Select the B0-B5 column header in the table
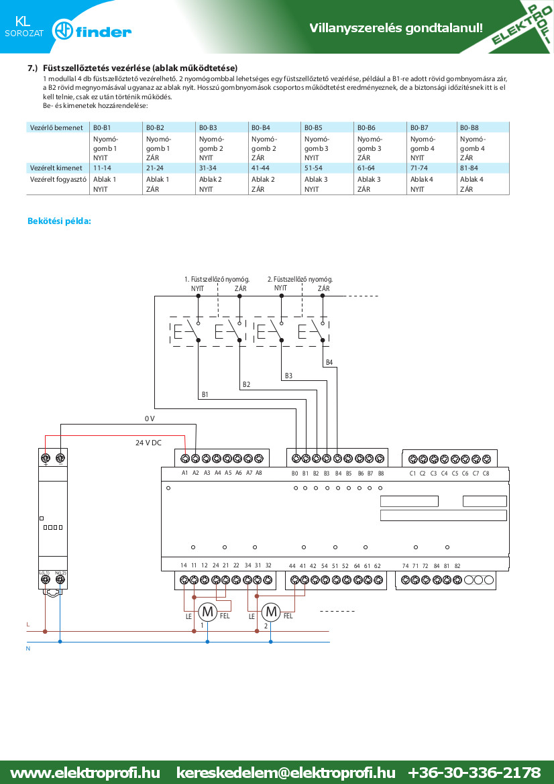click(x=313, y=127)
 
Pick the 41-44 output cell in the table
click(x=260, y=168)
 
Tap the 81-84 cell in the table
click(x=469, y=168)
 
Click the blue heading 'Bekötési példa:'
click(x=60, y=221)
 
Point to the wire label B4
click(x=329, y=362)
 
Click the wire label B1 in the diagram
click(x=205, y=394)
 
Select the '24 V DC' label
click(x=148, y=443)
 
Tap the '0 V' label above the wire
click(x=150, y=418)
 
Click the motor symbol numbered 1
click(x=207, y=611)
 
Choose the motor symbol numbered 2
click(x=271, y=611)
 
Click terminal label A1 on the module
click(x=185, y=473)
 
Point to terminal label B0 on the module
click(x=295, y=473)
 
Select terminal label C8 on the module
click(x=486, y=473)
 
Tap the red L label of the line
click(x=28, y=624)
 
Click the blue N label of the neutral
click(x=28, y=649)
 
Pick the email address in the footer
click(x=286, y=773)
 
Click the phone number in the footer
click(x=474, y=773)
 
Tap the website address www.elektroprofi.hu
click(x=85, y=773)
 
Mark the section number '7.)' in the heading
click(x=32, y=68)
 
